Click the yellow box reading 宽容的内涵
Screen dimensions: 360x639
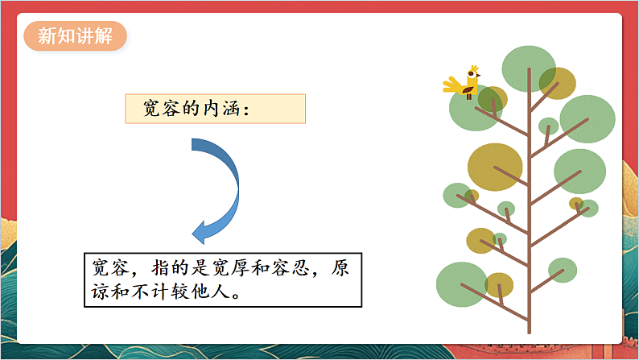(215, 109)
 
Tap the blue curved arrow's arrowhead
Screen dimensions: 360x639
(203, 233)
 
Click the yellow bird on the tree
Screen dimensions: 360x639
(468, 83)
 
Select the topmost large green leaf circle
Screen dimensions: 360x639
(529, 68)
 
